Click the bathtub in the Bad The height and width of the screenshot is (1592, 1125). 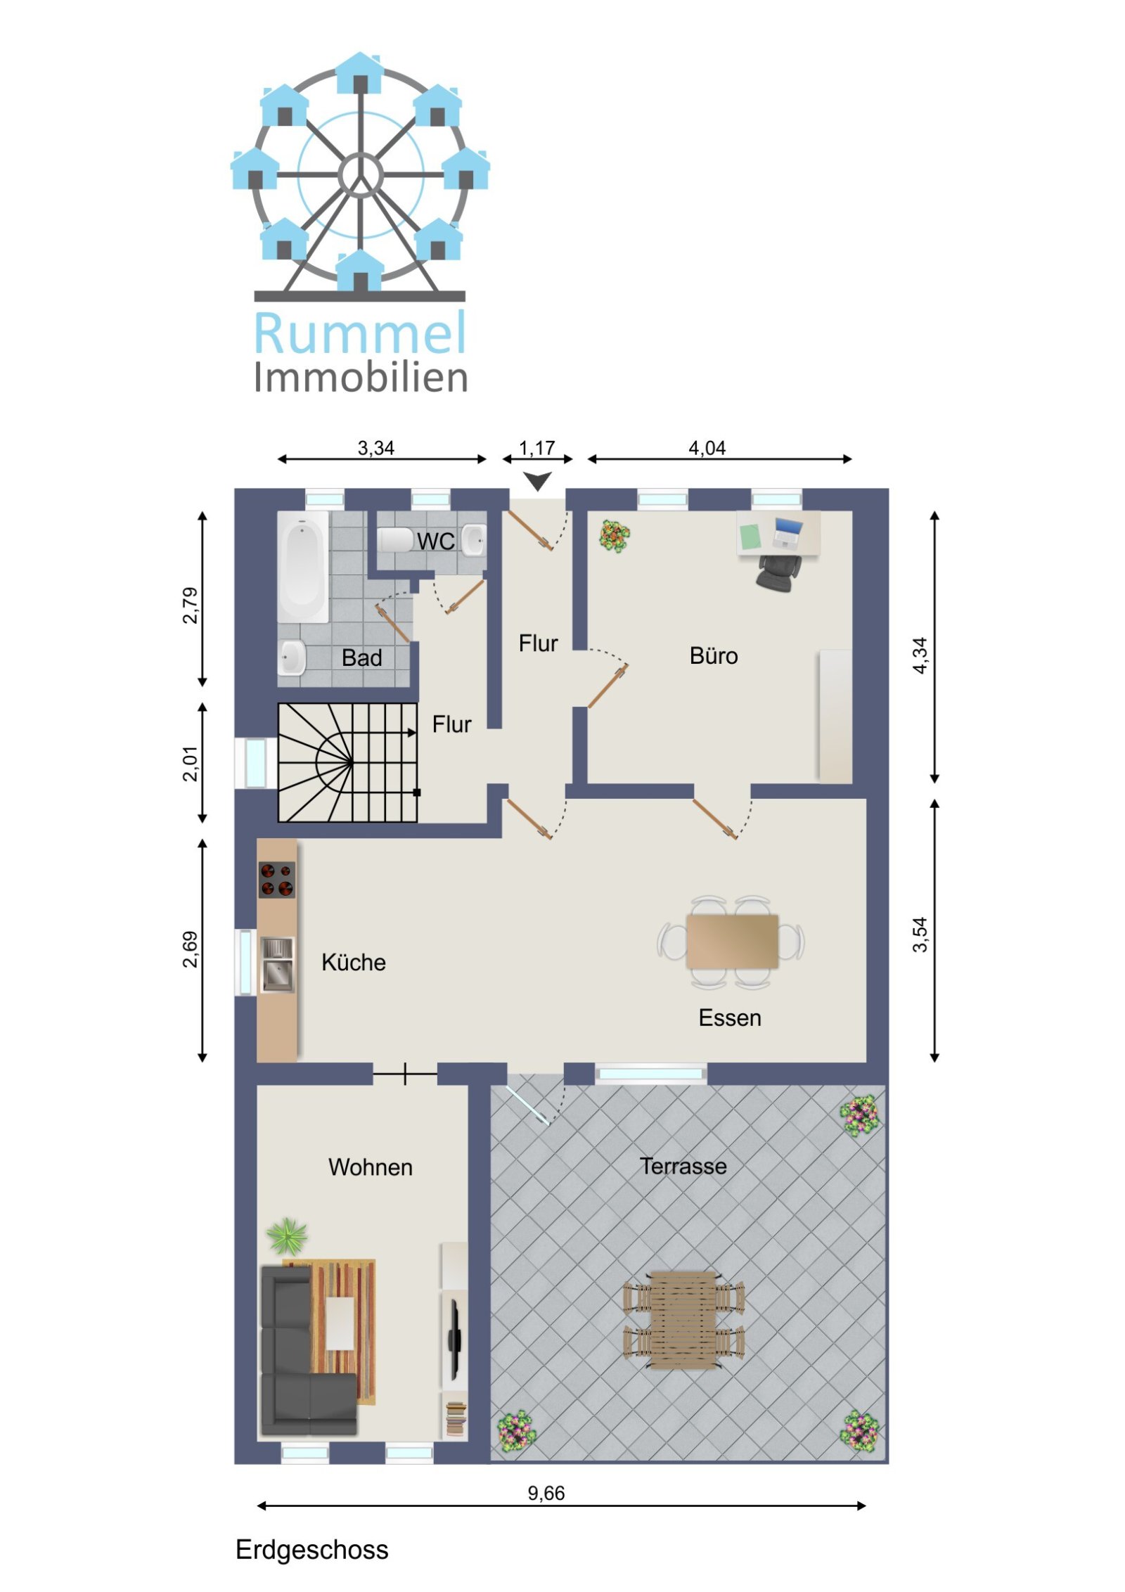click(302, 566)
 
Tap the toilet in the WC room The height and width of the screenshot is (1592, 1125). click(395, 540)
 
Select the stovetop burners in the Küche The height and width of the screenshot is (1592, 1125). click(277, 879)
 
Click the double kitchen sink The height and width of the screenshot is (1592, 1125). click(277, 963)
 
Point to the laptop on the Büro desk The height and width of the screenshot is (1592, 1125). click(787, 532)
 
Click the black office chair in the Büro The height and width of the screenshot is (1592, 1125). click(778, 570)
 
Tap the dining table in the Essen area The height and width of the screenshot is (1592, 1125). click(732, 941)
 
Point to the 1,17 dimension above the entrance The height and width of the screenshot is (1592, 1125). click(537, 448)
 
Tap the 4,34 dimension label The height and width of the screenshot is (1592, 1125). click(920, 655)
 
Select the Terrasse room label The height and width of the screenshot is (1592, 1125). click(683, 1167)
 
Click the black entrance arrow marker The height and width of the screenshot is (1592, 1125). click(538, 481)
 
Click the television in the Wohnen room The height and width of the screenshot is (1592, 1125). click(455, 1340)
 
